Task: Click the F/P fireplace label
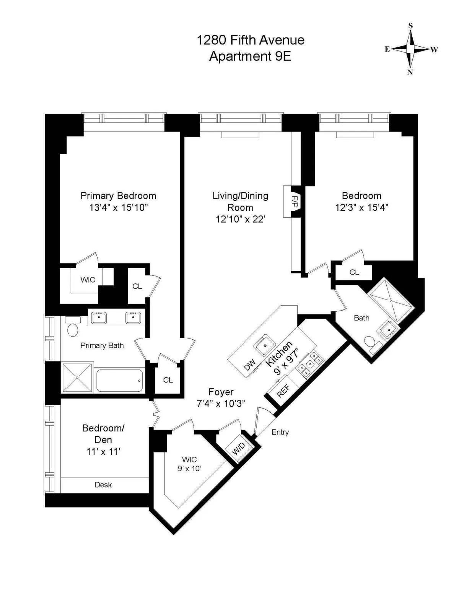tap(295, 202)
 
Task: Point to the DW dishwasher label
tap(249, 365)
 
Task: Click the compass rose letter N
tap(410, 72)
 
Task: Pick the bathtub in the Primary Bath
tap(120, 381)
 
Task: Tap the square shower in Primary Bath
tap(77, 378)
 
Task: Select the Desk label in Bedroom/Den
tap(103, 485)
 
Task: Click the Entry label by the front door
tap(280, 432)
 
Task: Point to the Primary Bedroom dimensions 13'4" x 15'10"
tap(118, 208)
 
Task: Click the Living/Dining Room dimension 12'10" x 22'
tap(240, 219)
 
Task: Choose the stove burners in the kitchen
tap(310, 364)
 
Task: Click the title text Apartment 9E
tap(250, 56)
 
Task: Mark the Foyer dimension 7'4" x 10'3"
tap(221, 404)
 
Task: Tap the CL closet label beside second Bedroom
tap(354, 272)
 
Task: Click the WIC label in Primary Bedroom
tap(88, 280)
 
